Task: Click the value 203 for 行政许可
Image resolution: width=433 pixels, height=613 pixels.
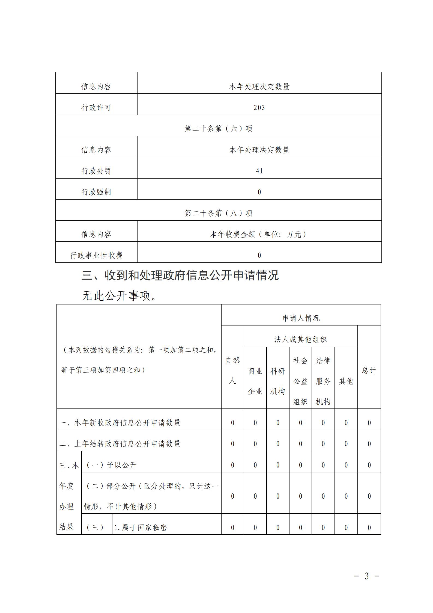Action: click(x=259, y=108)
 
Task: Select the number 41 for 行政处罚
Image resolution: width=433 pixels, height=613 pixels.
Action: click(x=259, y=171)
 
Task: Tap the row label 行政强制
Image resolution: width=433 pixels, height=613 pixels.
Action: click(x=96, y=192)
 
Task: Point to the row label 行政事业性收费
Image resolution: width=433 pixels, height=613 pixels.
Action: click(x=96, y=255)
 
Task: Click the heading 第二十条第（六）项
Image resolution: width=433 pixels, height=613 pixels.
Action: click(x=218, y=129)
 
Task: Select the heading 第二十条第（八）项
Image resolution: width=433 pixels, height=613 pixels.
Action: click(x=218, y=213)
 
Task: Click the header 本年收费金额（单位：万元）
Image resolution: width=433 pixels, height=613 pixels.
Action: click(x=259, y=234)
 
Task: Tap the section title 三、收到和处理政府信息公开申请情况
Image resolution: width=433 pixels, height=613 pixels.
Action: click(x=180, y=276)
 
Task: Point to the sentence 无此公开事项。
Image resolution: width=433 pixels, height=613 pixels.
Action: click(x=119, y=296)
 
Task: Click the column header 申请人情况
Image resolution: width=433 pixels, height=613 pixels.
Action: click(x=301, y=318)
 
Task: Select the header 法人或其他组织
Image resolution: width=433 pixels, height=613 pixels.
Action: click(x=300, y=339)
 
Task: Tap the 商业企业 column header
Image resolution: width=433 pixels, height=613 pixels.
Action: click(x=255, y=381)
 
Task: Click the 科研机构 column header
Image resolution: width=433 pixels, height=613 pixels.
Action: click(x=278, y=381)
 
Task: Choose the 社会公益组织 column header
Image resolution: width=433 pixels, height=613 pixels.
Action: click(x=300, y=381)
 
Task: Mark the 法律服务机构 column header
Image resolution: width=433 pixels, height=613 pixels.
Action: click(x=323, y=381)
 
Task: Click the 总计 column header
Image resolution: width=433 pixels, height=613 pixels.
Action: click(x=369, y=371)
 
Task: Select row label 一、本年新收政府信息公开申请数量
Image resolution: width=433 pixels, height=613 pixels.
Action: click(x=120, y=423)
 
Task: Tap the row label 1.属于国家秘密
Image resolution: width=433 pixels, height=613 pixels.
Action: click(x=140, y=528)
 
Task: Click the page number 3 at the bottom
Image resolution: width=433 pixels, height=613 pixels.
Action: click(x=367, y=576)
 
